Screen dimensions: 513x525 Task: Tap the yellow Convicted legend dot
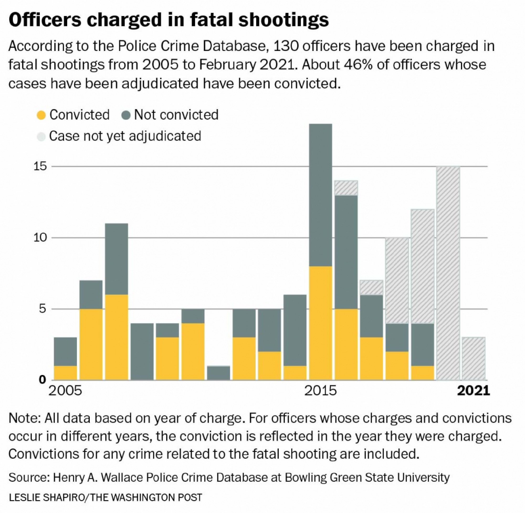tap(41, 115)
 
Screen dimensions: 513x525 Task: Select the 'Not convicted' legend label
tap(176, 115)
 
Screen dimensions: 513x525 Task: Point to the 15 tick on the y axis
tap(40, 167)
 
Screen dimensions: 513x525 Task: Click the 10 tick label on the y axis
tap(40, 238)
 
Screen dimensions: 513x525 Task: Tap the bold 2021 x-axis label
tap(474, 391)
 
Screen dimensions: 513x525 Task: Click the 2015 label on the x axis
tap(321, 391)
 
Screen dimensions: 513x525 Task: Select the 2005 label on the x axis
tap(65, 391)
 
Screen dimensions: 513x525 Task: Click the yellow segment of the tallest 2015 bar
tap(321, 323)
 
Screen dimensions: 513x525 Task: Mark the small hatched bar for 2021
tap(474, 358)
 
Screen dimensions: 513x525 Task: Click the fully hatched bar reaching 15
tap(448, 273)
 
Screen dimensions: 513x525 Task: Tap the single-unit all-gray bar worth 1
tap(219, 373)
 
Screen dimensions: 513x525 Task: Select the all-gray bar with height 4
tap(142, 351)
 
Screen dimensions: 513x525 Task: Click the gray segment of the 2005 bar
tap(65, 351)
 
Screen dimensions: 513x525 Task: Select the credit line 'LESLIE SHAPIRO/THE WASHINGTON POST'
tap(105, 497)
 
